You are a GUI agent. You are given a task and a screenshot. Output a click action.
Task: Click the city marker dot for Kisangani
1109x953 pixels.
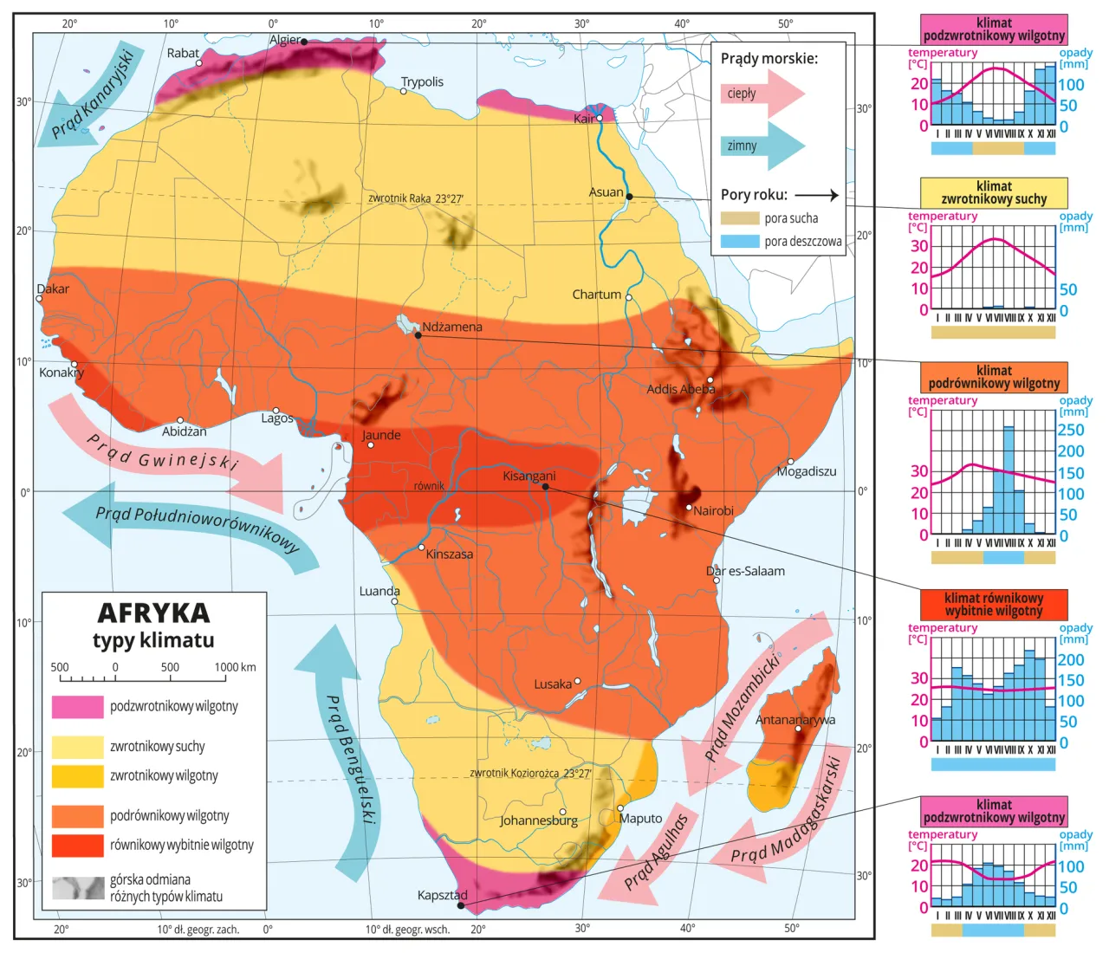pyautogui.click(x=545, y=487)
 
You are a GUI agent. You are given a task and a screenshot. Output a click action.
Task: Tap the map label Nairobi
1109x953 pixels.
pyautogui.click(x=713, y=511)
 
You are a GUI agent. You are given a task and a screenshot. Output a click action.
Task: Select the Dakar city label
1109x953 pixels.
pyautogui.click(x=53, y=288)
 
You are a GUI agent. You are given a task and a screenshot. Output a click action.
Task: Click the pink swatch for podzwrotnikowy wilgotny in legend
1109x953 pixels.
pyautogui.click(x=77, y=707)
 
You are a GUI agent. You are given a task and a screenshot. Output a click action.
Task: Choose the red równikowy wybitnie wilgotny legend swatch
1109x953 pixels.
pyautogui.click(x=77, y=846)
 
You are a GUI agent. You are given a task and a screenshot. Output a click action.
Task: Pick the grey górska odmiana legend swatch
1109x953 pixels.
pyautogui.click(x=77, y=888)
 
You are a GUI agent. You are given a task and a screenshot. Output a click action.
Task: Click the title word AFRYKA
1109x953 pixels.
pyautogui.click(x=153, y=613)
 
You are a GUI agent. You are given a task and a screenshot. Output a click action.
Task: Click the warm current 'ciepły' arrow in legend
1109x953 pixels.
pyautogui.click(x=761, y=94)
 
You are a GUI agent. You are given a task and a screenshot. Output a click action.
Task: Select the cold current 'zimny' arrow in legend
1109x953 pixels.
pyautogui.click(x=761, y=146)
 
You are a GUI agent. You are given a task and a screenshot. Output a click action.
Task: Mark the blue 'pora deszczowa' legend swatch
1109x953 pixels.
pyautogui.click(x=739, y=242)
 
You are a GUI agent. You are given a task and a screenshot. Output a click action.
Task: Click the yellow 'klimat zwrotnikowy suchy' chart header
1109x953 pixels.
pyautogui.click(x=994, y=192)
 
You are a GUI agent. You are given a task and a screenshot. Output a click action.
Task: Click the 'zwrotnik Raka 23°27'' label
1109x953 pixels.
pyautogui.click(x=415, y=198)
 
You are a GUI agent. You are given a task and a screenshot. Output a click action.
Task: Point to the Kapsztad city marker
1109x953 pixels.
pyautogui.click(x=461, y=905)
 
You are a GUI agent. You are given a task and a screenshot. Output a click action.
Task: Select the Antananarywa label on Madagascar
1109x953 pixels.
pyautogui.click(x=794, y=720)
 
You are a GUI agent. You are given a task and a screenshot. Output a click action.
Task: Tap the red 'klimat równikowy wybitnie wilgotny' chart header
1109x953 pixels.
pyautogui.click(x=994, y=604)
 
